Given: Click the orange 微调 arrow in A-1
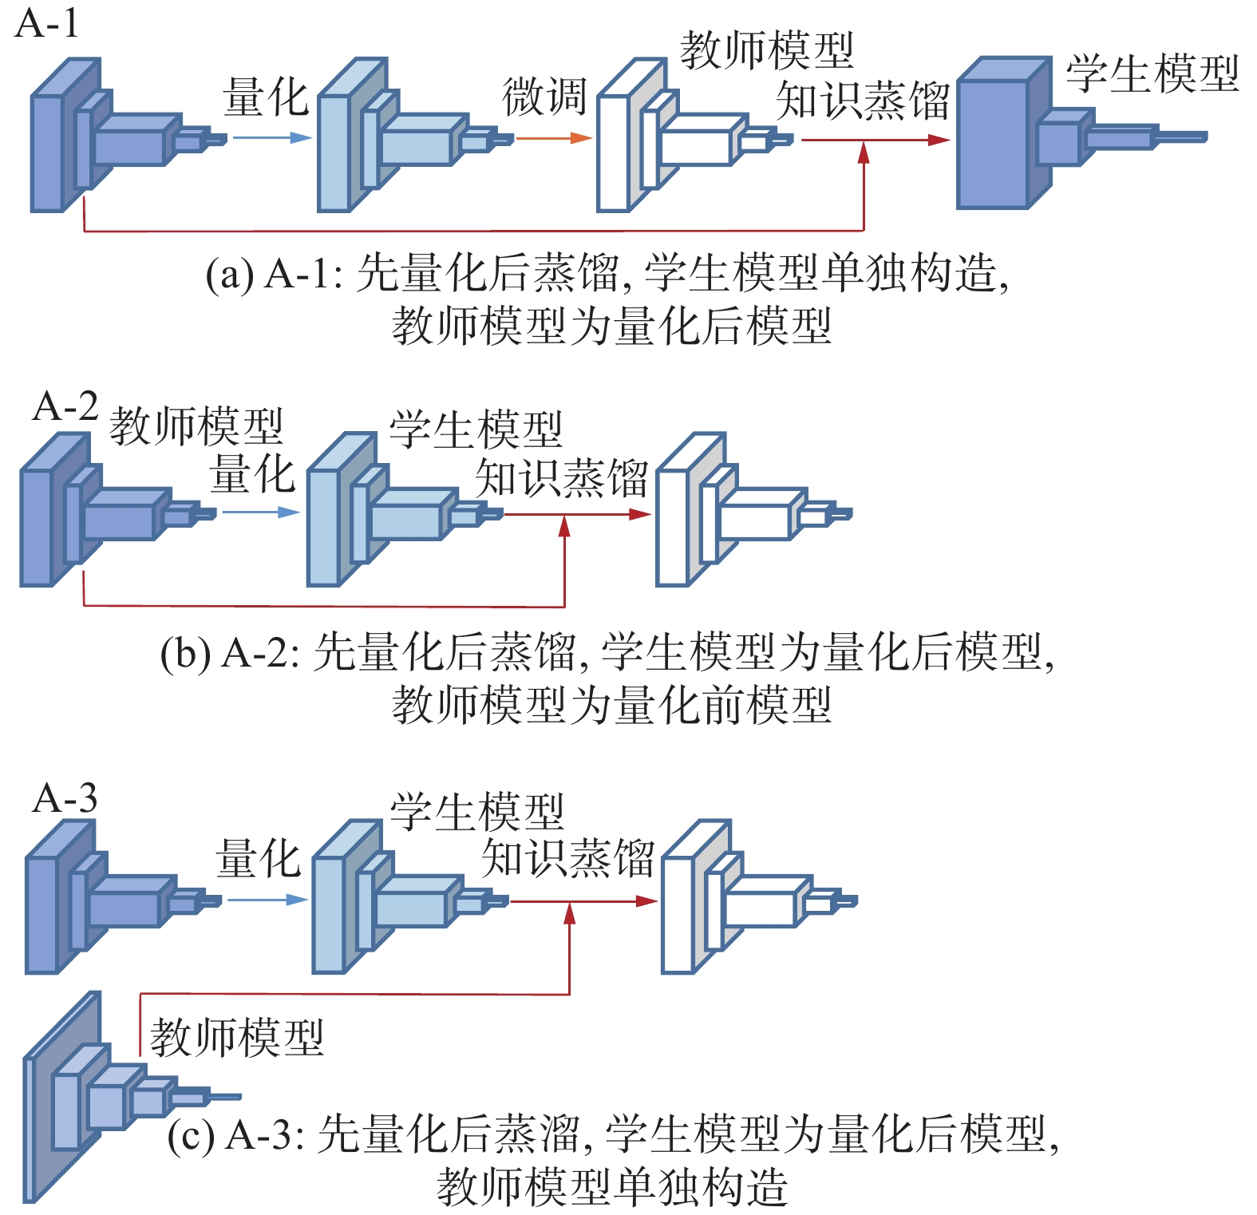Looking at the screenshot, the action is [553, 138].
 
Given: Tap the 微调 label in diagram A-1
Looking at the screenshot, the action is [544, 97].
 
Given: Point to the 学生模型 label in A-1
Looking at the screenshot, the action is [1152, 73].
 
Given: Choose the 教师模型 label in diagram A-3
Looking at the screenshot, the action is [237, 1038].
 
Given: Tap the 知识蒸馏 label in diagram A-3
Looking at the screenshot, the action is [567, 859].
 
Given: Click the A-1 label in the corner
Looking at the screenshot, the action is [48, 23].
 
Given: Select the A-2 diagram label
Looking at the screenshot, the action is [65, 406].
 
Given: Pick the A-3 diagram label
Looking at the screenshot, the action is [65, 798].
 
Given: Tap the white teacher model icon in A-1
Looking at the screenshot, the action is [694, 135].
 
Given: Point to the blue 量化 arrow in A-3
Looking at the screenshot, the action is [268, 900].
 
